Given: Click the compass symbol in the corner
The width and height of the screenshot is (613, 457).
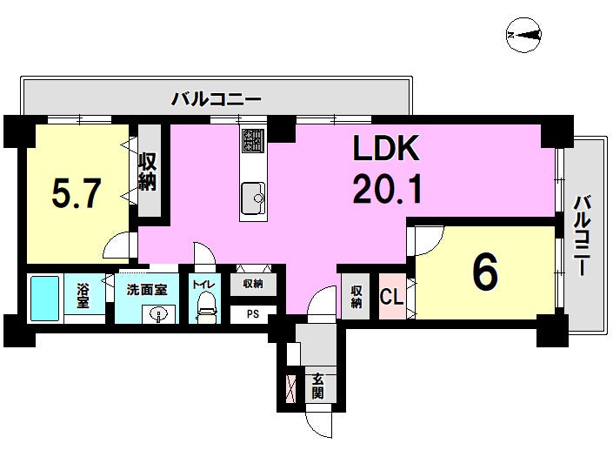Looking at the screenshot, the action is point(523,35).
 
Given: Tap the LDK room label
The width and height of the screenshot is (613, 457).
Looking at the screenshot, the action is point(386,148).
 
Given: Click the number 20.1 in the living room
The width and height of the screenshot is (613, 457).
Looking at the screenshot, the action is point(387,190).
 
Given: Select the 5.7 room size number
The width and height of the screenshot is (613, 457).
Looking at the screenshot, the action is point(77,193).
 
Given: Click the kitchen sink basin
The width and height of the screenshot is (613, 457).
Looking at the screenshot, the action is point(253,198).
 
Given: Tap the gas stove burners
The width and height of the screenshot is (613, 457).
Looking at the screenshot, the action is point(253,140).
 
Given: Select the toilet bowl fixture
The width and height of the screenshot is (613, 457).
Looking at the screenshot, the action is point(206,307).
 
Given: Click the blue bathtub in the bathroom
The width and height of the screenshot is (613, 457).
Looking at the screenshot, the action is point(45,299).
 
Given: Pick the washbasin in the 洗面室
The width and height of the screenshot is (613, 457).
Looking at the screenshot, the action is point(158,314).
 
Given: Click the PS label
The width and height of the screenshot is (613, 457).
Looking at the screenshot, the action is point(252,313).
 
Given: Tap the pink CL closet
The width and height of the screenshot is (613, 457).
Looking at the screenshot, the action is point(392,296).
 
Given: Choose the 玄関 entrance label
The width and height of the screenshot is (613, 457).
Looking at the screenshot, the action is point(317,386).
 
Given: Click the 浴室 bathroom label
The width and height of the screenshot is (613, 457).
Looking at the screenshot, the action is point(83,295).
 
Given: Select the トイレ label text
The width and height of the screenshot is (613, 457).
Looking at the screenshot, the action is point(203,285).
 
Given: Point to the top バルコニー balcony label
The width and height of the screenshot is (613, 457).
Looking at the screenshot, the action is point(217,99).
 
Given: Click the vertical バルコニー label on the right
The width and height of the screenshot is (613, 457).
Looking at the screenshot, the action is point(582,236).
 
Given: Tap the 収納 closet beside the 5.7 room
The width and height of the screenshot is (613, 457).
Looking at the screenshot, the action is point(149,171).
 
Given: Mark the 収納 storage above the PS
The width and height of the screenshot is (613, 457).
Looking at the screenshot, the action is point(253,284).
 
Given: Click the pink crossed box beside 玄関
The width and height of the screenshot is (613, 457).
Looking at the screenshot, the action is point(291,388).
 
